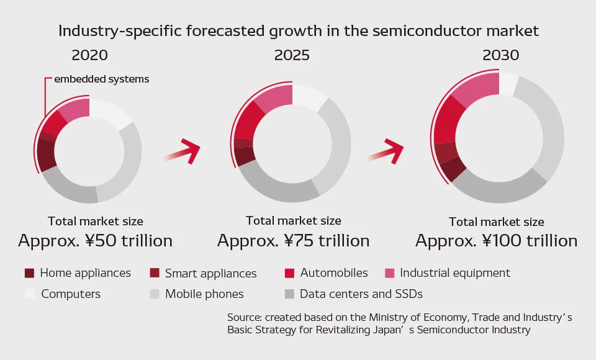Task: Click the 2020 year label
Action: (89, 55)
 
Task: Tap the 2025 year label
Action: (292, 55)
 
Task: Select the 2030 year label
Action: (500, 55)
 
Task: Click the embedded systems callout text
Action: (101, 79)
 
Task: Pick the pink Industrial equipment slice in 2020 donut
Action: (76, 109)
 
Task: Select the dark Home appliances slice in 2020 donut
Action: (47, 155)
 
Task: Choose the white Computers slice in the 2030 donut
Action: (508, 84)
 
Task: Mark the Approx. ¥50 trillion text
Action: (96, 241)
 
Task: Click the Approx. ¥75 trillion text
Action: (294, 241)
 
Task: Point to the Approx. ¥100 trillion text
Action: (497, 241)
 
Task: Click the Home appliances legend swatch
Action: (29, 273)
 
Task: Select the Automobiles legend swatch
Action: (290, 273)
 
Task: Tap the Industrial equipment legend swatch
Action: (390, 273)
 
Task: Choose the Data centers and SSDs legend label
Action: (361, 294)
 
